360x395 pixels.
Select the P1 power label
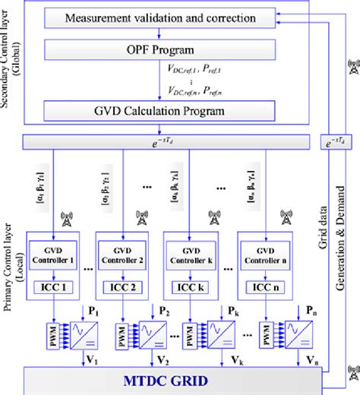click(x=93, y=311)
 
